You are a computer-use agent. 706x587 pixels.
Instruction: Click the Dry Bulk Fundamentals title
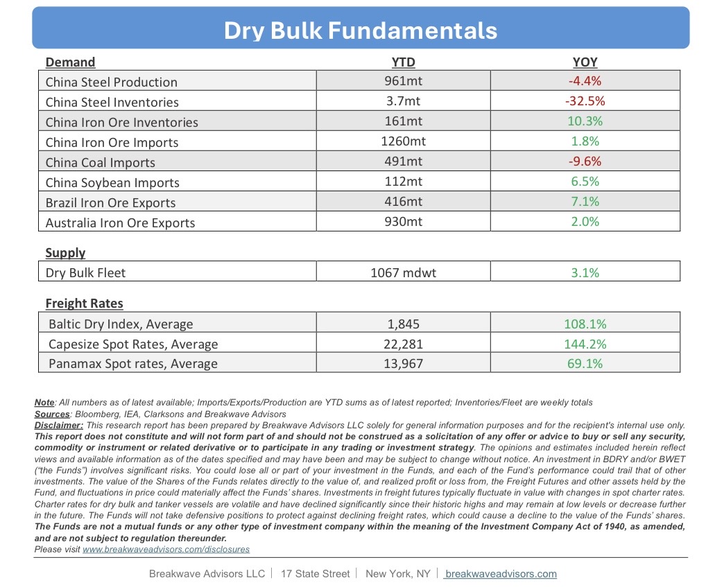(360, 30)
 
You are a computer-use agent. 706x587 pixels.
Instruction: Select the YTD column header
(403, 62)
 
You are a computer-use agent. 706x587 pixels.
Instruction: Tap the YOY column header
(585, 62)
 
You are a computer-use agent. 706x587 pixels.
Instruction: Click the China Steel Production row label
(112, 82)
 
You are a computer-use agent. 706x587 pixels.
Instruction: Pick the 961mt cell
(403, 81)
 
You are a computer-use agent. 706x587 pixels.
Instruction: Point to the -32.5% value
(585, 101)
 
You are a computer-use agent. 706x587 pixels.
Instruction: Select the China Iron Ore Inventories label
(122, 122)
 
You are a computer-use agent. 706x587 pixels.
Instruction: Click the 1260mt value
(403, 141)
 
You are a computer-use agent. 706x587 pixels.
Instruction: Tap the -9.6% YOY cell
(585, 161)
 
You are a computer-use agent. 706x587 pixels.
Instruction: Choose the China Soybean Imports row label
(112, 182)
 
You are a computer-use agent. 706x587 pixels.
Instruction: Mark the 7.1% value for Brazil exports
(585, 202)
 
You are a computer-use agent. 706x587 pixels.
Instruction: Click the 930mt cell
(403, 222)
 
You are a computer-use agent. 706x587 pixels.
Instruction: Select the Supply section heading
(65, 252)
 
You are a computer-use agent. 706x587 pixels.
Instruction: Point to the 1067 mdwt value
(403, 272)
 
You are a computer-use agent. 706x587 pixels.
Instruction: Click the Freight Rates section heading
(85, 303)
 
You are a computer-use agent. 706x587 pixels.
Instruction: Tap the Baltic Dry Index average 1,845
(403, 324)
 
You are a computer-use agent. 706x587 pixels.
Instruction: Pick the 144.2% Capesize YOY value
(585, 344)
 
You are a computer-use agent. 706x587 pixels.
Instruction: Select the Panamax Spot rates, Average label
(133, 364)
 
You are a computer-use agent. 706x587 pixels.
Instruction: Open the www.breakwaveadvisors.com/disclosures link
(166, 550)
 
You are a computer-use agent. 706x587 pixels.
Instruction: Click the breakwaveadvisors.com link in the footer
(501, 574)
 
